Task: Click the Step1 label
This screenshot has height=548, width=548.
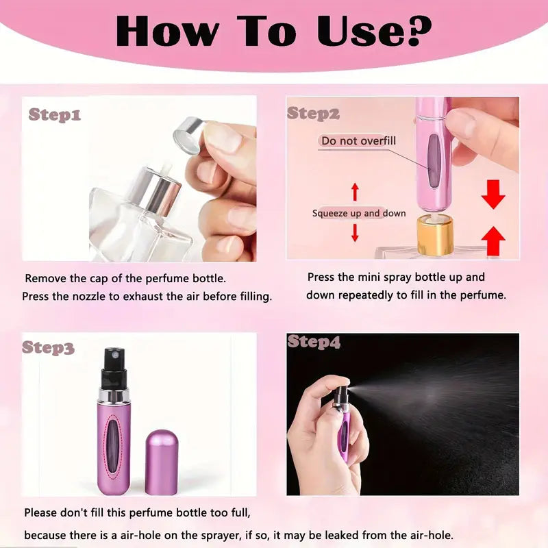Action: click(x=55, y=114)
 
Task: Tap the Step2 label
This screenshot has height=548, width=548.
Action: click(x=313, y=114)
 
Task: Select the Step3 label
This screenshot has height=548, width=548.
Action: click(x=48, y=347)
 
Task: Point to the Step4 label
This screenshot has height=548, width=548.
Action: click(x=314, y=342)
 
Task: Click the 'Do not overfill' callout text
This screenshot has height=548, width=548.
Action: click(x=358, y=141)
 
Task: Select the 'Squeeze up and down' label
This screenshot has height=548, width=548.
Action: click(x=359, y=213)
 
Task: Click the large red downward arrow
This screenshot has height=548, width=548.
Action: click(x=493, y=195)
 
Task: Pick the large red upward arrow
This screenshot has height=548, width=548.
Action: click(x=493, y=241)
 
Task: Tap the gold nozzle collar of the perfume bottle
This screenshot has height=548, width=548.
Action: click(x=435, y=234)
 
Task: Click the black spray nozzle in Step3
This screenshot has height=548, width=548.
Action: click(x=114, y=368)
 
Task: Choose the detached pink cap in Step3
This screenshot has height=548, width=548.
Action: click(x=162, y=462)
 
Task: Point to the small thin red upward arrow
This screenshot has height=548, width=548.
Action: click(x=355, y=192)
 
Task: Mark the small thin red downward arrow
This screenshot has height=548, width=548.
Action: click(x=355, y=233)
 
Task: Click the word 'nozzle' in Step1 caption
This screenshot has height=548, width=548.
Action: click(x=89, y=297)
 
